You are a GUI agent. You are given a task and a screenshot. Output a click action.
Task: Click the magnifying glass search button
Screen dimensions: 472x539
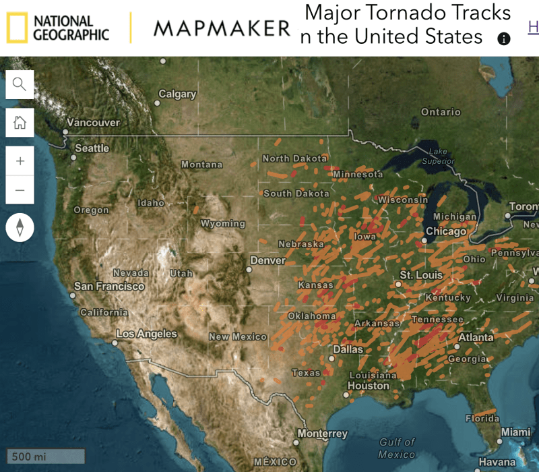point(20,84)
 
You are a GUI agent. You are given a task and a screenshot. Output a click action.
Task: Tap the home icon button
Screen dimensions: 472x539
point(20,123)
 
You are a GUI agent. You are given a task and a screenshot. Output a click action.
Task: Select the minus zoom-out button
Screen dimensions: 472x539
point(20,190)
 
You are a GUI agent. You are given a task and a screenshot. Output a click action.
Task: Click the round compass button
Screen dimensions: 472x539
point(20,227)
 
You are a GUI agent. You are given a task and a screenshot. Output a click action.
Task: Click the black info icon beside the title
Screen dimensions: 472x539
point(503,38)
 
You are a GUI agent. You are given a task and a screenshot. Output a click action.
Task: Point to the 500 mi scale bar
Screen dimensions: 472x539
point(46,456)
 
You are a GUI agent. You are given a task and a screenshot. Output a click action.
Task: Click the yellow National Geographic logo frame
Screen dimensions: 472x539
point(17,28)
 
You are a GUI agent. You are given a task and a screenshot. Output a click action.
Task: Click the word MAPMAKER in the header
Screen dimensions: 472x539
point(222,28)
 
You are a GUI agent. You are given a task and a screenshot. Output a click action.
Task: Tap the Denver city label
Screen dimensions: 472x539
point(268,260)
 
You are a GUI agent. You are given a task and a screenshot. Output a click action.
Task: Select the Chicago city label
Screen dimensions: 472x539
point(446,231)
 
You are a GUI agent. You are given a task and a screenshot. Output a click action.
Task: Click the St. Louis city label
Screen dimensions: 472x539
point(421,275)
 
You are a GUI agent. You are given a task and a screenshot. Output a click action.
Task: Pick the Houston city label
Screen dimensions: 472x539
point(368,386)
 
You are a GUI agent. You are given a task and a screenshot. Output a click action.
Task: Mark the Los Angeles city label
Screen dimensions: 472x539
point(146,334)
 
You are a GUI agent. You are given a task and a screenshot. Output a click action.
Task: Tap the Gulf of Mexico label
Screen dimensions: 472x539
point(397,448)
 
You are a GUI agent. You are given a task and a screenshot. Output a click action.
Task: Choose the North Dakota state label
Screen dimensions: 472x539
point(294,158)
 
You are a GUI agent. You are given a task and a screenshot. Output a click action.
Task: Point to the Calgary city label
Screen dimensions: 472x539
point(177,94)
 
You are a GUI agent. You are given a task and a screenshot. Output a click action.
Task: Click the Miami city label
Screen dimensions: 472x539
point(515,432)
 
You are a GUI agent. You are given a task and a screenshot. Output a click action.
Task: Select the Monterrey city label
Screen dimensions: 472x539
point(323,434)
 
